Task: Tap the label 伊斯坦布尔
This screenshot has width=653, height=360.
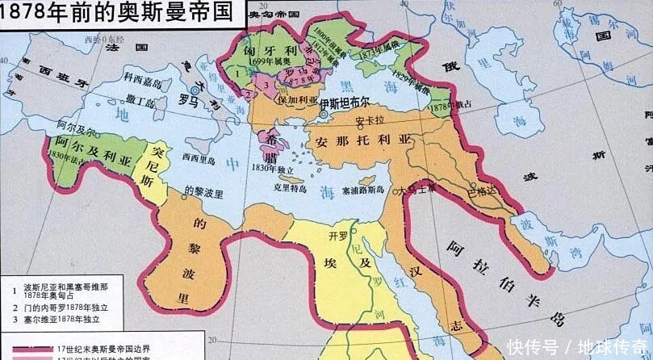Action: click(x=345, y=104)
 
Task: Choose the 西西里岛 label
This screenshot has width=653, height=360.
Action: click(x=199, y=157)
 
